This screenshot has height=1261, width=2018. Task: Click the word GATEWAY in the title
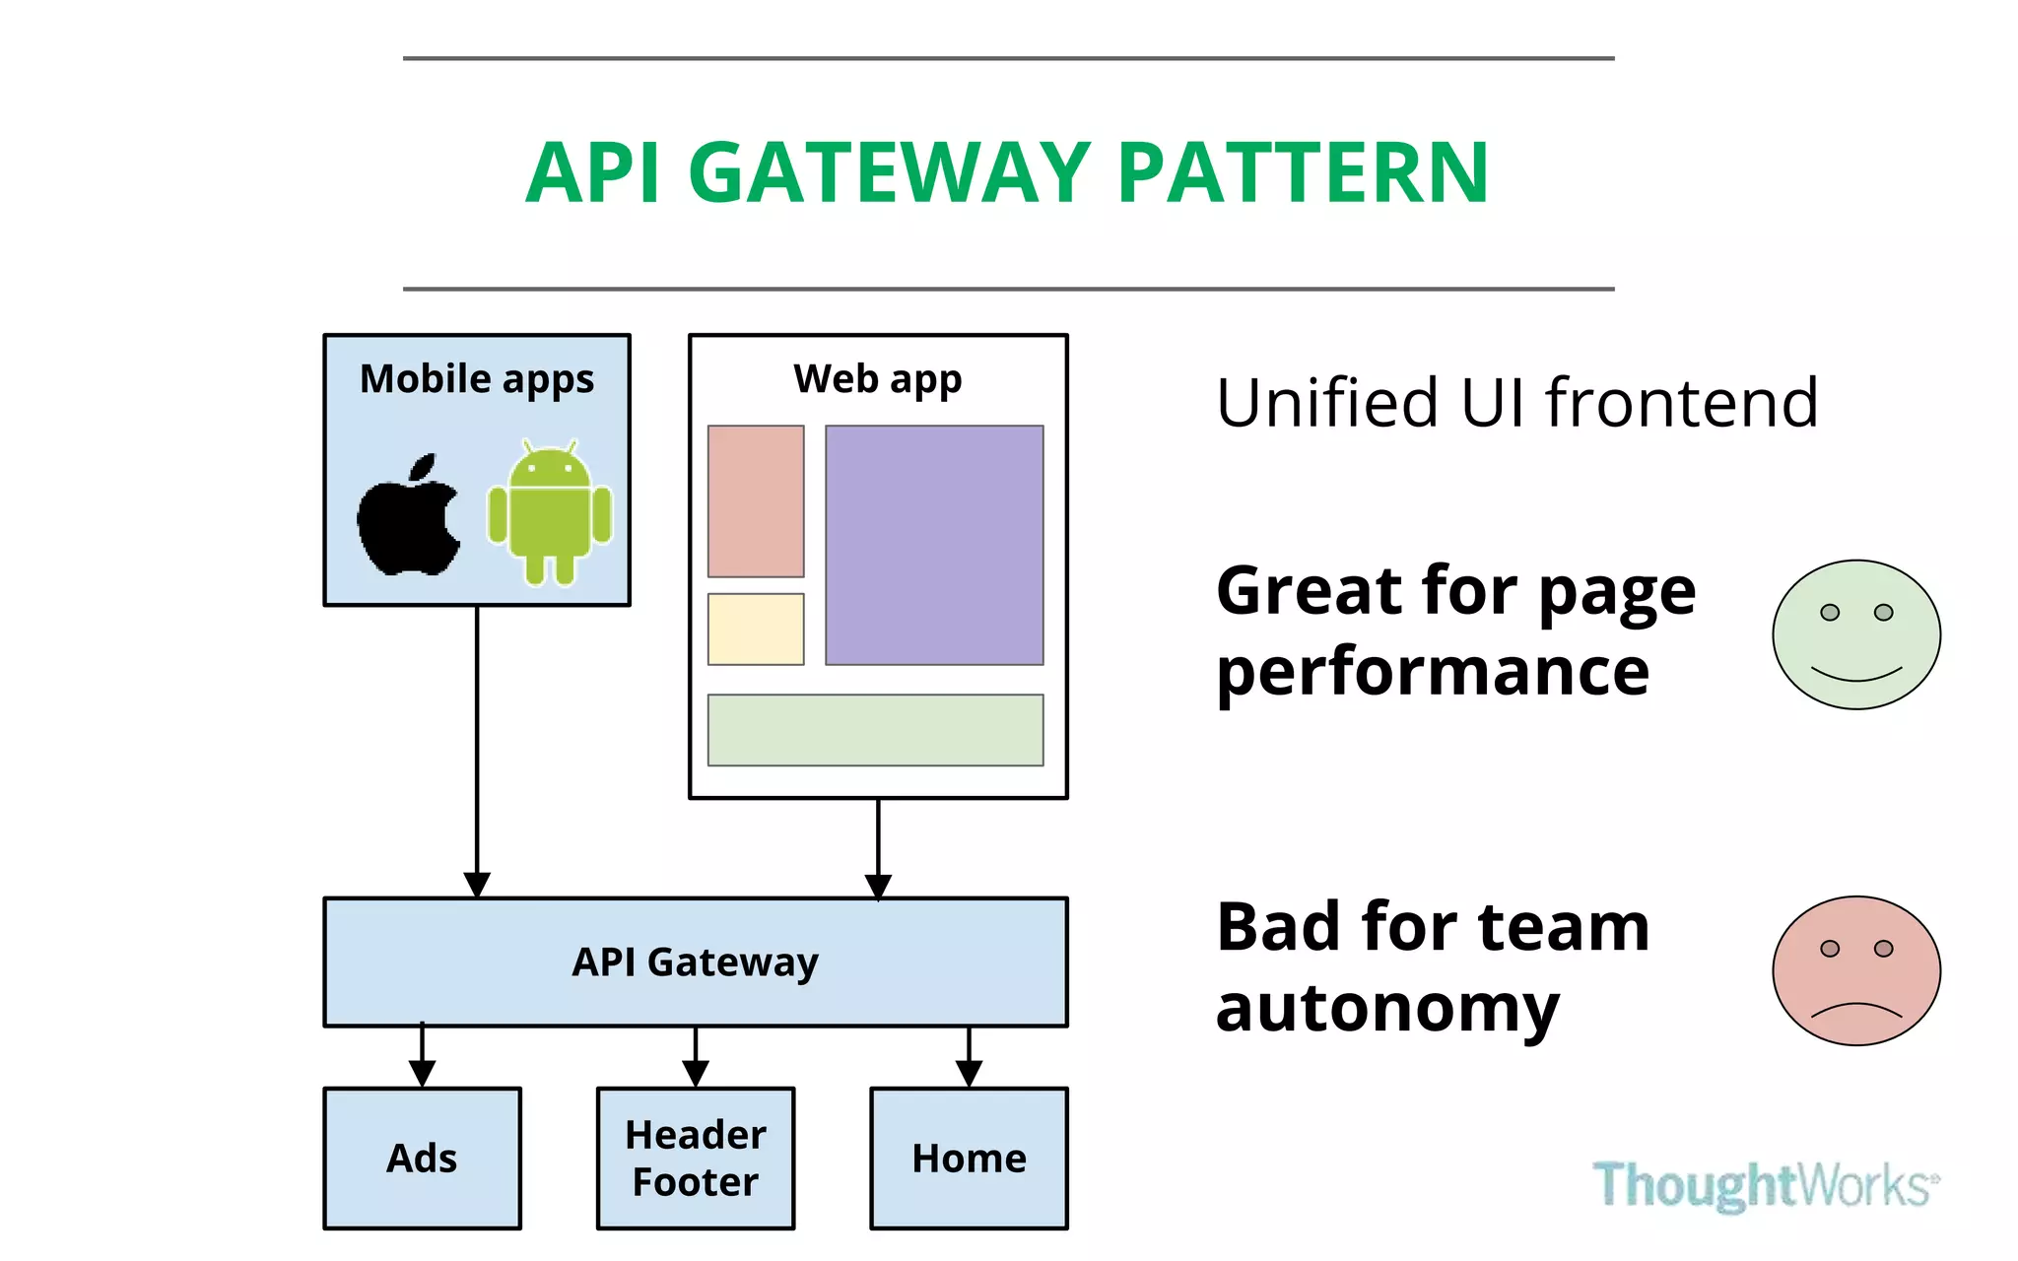pos(889,173)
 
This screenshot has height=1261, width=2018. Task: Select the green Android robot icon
pos(550,512)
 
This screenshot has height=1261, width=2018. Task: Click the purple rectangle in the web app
pos(934,545)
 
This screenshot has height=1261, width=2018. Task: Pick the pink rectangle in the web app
pos(756,500)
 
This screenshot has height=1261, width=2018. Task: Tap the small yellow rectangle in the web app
pos(756,629)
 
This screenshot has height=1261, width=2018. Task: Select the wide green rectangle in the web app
pos(875,730)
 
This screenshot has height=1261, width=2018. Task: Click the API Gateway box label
pos(695,962)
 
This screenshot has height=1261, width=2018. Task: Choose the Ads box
pos(422,1159)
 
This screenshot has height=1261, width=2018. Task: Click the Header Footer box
pos(696,1159)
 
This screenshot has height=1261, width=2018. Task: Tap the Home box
pos(969,1159)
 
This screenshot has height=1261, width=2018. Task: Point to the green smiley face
pos(1856,634)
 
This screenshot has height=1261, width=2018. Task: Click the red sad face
pos(1856,970)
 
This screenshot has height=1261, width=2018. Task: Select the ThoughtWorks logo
pos(1765,1184)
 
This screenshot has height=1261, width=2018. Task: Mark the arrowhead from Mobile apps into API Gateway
pos(477,885)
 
